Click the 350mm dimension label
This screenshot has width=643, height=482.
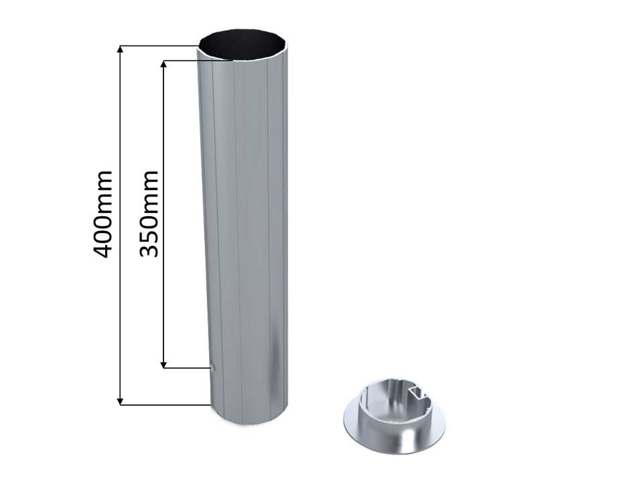149,214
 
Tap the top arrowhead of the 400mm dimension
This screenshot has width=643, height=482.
120,49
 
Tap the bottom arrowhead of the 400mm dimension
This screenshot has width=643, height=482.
120,401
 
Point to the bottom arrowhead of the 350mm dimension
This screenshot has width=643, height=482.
164,364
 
